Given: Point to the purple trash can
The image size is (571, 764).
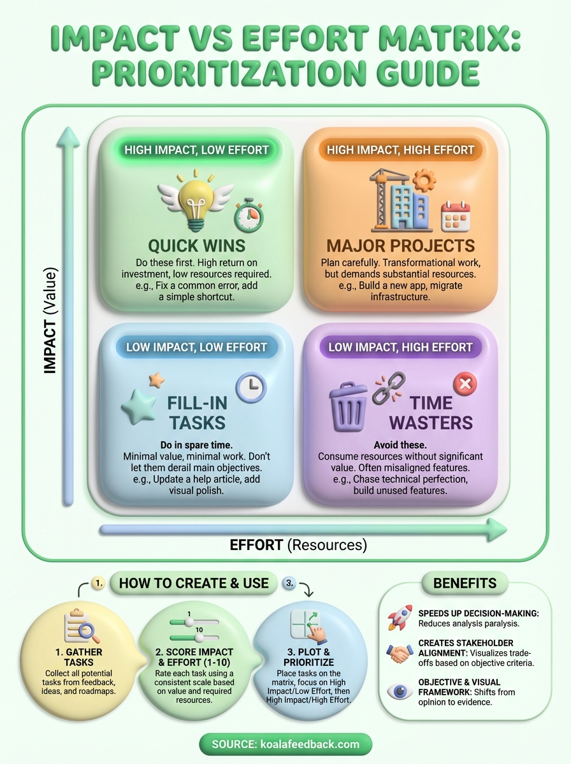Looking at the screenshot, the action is tap(348, 407).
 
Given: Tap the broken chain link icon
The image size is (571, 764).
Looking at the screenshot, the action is tap(384, 388).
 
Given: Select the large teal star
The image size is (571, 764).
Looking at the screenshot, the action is tap(139, 407).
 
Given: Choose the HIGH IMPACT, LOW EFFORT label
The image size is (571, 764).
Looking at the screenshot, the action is tap(196, 150).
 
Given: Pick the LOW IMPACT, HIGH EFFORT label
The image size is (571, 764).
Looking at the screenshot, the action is tap(400, 347).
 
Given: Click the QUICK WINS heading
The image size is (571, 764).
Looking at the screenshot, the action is tap(196, 246).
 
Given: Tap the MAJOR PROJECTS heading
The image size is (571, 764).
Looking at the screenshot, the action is tap(400, 246).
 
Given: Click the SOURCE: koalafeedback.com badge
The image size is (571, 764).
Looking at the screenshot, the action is tap(285, 743).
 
